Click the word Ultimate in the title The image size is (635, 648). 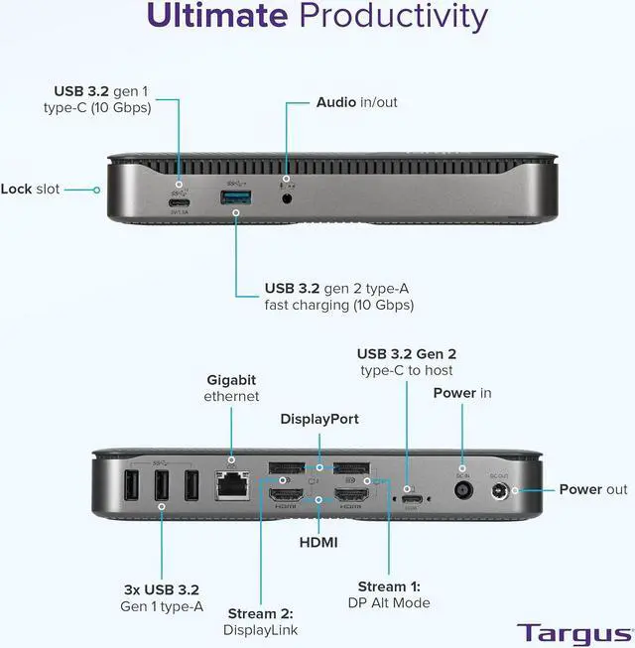(x=215, y=16)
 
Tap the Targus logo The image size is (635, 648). (x=573, y=631)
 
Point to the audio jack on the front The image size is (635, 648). (x=288, y=197)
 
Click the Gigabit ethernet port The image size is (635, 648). (x=232, y=485)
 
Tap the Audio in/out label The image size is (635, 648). (x=356, y=102)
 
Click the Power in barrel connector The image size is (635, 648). (x=462, y=489)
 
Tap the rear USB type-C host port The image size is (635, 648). (x=409, y=499)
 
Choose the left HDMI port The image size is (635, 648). (x=286, y=496)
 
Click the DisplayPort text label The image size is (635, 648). (x=318, y=419)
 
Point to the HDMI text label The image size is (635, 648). (x=317, y=542)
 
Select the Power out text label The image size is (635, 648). (x=593, y=489)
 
